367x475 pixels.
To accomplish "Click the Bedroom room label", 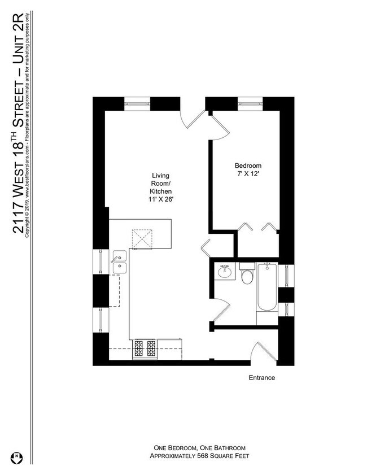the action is click(248, 165).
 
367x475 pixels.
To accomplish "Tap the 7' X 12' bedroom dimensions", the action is click(248, 174).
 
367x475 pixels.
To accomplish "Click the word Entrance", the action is click(262, 377).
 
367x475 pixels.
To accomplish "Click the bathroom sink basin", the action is click(225, 271).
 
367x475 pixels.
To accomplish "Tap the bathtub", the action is click(267, 287).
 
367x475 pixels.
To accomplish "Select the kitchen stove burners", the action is click(145, 348).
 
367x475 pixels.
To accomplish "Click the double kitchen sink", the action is click(120, 262).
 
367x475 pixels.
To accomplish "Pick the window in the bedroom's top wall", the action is click(250, 103).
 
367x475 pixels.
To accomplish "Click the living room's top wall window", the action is click(137, 103).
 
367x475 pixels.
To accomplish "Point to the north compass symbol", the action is click(16, 457).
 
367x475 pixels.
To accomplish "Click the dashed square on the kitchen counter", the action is click(142, 239).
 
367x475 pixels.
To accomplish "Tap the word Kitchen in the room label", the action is click(161, 191).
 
